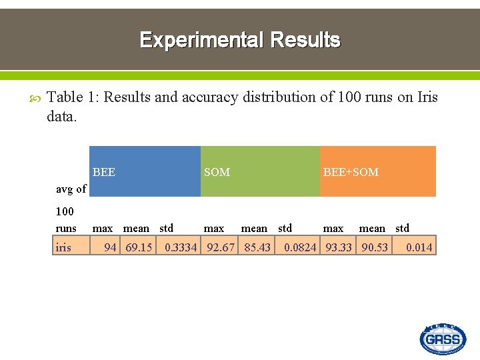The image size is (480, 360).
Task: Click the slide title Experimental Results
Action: (240, 40)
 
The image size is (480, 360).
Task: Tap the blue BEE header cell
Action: (145, 172)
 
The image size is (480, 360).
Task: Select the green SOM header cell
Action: (260, 172)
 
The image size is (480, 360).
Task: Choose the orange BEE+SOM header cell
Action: (377, 172)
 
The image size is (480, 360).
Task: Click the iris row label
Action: (63, 247)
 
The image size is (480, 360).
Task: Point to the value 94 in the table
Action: (110, 247)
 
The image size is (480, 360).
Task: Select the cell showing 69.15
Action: (139, 247)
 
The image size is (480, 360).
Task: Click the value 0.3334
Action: (181, 247)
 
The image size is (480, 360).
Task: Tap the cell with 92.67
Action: (221, 247)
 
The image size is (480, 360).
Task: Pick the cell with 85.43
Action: (257, 247)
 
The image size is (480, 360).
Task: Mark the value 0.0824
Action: (300, 247)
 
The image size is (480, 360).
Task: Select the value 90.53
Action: (375, 247)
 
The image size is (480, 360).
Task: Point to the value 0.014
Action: (419, 247)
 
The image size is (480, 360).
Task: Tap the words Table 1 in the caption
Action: (72, 97)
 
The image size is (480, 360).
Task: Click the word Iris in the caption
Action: (427, 97)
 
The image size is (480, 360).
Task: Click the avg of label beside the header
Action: (71, 189)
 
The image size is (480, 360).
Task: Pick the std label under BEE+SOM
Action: (402, 228)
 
